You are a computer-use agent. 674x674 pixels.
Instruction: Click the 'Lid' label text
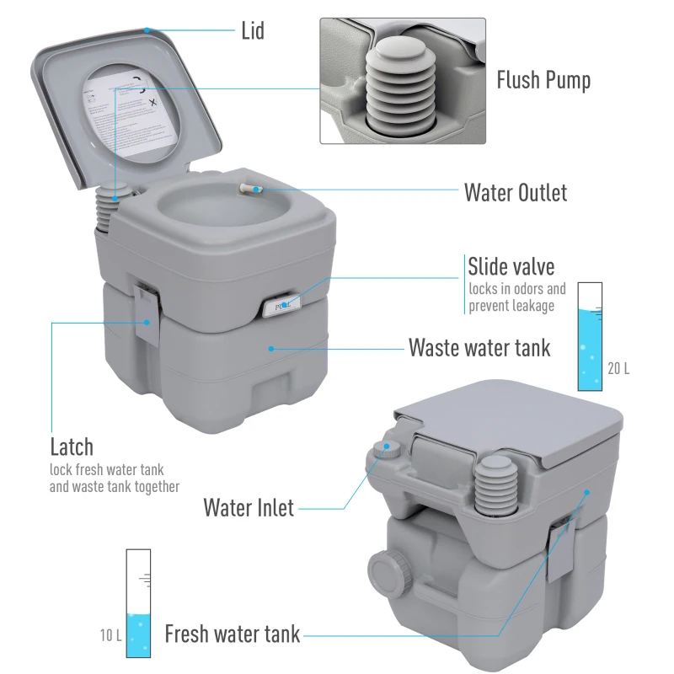[x=252, y=31]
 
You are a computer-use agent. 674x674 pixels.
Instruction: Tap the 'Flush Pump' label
[x=543, y=80]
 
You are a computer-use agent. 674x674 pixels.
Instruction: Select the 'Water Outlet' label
[x=516, y=192]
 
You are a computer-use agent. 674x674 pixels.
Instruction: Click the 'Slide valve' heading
[x=511, y=267]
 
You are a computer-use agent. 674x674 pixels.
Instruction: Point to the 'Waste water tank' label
[x=479, y=347]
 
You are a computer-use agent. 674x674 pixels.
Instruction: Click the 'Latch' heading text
[x=72, y=446]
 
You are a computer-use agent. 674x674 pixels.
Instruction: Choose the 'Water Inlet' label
[x=249, y=508]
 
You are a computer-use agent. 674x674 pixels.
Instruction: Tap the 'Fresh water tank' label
[x=232, y=634]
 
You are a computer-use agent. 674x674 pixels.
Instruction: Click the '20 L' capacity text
[x=618, y=368]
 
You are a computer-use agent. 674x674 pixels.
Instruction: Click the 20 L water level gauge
[x=590, y=336]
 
